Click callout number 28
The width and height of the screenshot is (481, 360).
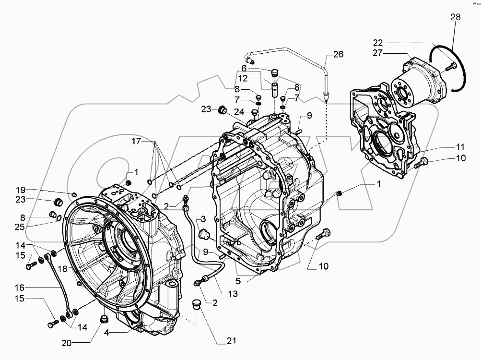click(x=455, y=18)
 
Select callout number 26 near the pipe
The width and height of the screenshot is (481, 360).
click(x=339, y=54)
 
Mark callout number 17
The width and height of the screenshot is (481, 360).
click(x=137, y=141)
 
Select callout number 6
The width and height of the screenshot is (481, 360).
click(x=244, y=68)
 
